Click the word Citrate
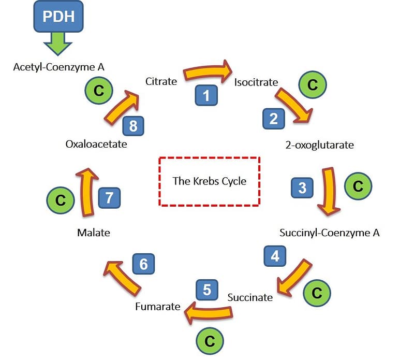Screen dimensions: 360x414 tap(161, 81)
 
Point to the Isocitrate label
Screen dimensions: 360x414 tap(256, 82)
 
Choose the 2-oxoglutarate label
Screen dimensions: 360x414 tap(319, 145)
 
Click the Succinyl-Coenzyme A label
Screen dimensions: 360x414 tap(329, 233)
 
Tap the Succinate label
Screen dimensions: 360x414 tap(250, 297)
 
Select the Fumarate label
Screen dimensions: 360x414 tap(157, 307)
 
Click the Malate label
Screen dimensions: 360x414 tap(93, 233)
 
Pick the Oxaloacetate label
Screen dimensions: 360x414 tap(96, 145)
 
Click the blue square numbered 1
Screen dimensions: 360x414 tap(206, 95)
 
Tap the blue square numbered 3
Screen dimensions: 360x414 tap(302, 187)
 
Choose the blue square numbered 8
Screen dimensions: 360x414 tap(133, 126)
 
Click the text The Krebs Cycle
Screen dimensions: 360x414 tap(209, 181)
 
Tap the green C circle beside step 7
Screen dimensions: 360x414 tap(61, 200)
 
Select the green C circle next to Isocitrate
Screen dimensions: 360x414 tap(313, 85)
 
